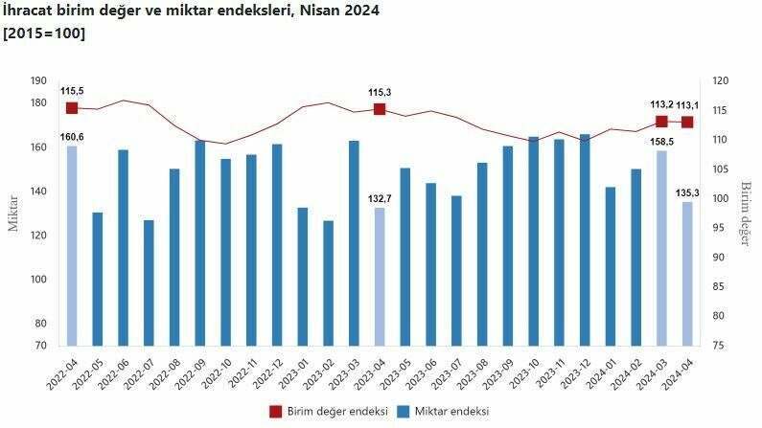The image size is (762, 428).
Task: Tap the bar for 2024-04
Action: point(687,273)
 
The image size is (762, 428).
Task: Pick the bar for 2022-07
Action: point(149,282)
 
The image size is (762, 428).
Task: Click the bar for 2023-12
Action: point(585,239)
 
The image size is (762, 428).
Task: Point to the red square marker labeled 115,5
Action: point(72,108)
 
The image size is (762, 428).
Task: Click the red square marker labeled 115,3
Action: point(380,109)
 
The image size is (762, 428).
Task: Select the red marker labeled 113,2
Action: point(661,122)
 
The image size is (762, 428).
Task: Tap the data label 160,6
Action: point(72,137)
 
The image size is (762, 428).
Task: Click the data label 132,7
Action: point(380,198)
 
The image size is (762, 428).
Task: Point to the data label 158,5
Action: point(661,142)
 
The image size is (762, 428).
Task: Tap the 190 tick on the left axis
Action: point(38,81)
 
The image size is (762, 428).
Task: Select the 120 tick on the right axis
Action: point(720,81)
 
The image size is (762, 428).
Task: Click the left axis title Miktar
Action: point(13,213)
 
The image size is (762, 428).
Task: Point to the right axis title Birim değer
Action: point(745,213)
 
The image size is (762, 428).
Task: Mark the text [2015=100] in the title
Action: point(43,34)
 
